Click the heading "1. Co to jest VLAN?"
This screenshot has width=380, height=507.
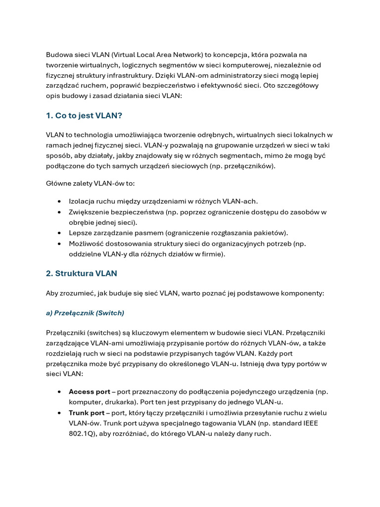tap(84, 115)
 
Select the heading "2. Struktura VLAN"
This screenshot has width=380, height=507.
tap(81, 273)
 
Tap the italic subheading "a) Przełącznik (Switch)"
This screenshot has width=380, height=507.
tap(85, 313)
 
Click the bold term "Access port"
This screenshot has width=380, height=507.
tap(89, 392)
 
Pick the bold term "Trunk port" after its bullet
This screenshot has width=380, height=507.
tap(87, 412)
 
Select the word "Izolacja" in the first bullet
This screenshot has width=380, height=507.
tap(82, 201)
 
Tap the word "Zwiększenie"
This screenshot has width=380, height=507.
tap(89, 212)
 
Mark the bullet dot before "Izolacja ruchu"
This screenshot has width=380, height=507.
tap(59, 202)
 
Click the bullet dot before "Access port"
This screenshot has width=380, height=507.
tap(59, 392)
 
